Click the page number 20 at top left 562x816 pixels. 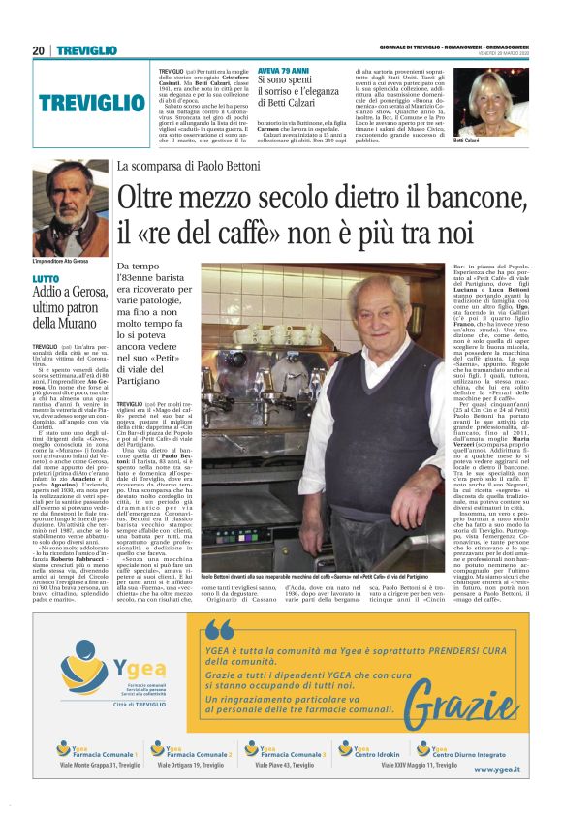(39, 50)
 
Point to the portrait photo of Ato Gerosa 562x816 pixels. (71, 208)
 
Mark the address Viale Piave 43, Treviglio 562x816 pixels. (287, 766)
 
